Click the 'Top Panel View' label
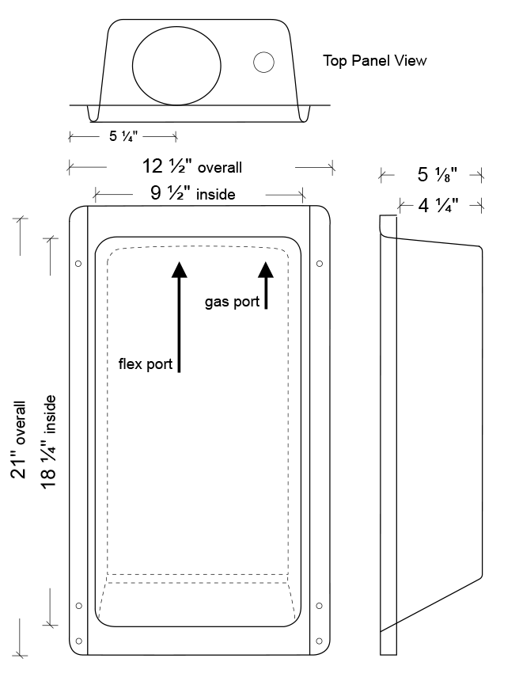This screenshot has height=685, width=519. [374, 61]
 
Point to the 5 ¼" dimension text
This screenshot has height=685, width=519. [123, 136]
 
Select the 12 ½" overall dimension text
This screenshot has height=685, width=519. [191, 166]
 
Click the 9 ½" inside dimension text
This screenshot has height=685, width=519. [192, 193]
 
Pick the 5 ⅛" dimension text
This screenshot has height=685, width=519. [437, 175]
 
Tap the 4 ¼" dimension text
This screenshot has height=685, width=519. [438, 205]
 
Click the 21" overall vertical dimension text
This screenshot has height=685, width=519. [19, 440]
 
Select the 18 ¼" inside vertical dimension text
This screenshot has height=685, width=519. [49, 442]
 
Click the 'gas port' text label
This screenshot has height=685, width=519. [233, 302]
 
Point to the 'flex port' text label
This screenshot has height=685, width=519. [146, 364]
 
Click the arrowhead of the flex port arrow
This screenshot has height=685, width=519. [179, 269]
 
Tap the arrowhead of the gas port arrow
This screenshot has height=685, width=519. [265, 269]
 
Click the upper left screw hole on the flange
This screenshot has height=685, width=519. [78, 264]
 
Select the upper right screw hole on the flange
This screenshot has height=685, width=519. [320, 264]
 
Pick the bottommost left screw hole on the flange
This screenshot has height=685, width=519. [78, 641]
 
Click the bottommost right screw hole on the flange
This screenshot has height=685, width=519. [319, 641]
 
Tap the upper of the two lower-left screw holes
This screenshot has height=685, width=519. [79, 606]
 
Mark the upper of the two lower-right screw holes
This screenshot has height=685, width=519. [319, 606]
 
